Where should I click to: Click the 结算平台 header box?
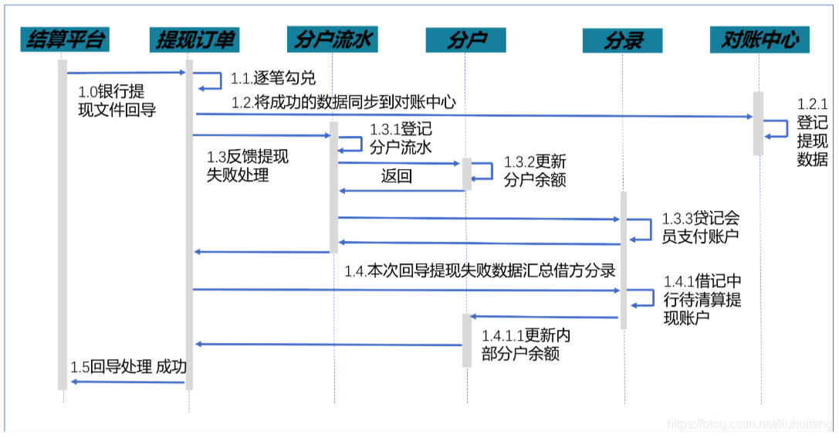tap(64, 39)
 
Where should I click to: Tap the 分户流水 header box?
tap(334, 39)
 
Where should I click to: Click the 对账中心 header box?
tap(759, 39)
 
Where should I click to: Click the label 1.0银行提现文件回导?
tap(117, 101)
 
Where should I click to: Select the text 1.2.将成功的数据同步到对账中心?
tap(344, 102)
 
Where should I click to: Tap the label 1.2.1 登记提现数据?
tap(812, 132)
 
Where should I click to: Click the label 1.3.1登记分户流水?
tap(401, 138)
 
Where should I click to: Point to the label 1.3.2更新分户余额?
tap(535, 171)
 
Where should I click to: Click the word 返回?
tap(396, 176)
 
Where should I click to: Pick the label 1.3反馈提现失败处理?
tap(247, 166)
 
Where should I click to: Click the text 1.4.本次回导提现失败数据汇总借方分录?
tap(479, 270)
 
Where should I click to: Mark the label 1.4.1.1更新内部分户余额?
tap(526, 345)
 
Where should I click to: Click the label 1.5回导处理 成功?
tap(128, 367)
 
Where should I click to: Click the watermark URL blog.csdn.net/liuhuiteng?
tap(749, 424)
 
